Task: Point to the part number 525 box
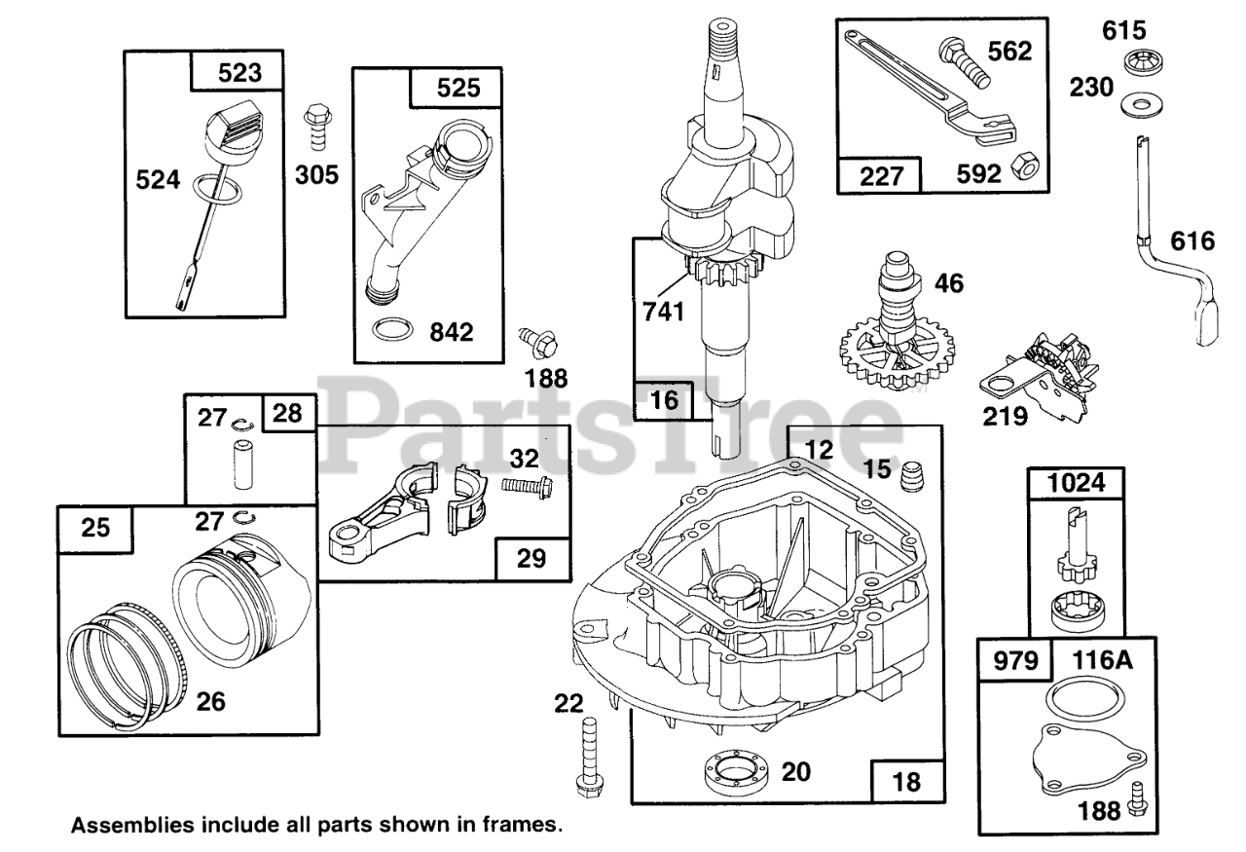coord(458,89)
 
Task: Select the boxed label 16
coord(663,399)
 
